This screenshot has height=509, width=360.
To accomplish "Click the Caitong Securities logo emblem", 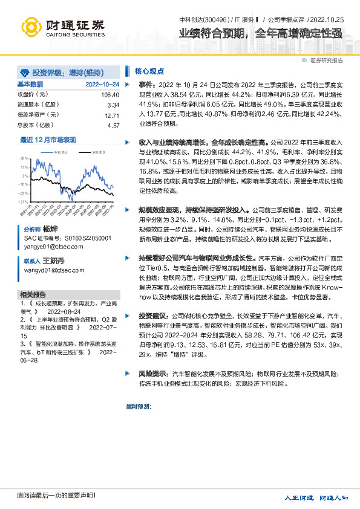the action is tap(32, 26).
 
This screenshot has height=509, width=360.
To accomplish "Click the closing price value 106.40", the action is tap(110, 95).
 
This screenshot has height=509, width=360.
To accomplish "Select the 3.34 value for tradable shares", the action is tap(113, 105).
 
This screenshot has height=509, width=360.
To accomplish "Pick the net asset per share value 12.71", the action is tap(112, 115).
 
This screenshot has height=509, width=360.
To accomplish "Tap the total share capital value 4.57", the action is tap(113, 126).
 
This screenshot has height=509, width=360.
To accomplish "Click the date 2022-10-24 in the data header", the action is tap(102, 84).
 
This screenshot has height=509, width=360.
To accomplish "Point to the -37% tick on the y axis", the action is tap(23, 202).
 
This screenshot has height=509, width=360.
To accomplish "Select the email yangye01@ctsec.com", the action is tap(50, 247).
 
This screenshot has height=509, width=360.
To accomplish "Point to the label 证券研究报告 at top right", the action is tap(326, 60).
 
